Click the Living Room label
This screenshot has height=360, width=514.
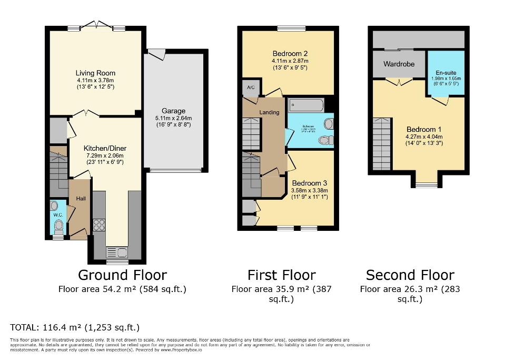95,73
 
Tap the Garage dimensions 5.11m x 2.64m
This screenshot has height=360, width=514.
173,118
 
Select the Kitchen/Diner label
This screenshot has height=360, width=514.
105,149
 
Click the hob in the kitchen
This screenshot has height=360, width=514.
99,225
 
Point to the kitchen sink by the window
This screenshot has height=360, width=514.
117,251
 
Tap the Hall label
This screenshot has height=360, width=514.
81,198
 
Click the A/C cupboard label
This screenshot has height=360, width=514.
249,87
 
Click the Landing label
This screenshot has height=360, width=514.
269,112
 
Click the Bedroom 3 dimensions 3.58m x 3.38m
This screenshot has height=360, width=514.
309,190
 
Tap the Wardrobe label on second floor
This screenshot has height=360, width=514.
399,64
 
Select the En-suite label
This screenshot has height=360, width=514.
446,73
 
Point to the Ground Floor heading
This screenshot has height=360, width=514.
122,275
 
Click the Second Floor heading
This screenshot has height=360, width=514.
410,275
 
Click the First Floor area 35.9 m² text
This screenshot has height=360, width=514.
281,289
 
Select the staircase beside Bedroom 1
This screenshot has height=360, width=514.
382,143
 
